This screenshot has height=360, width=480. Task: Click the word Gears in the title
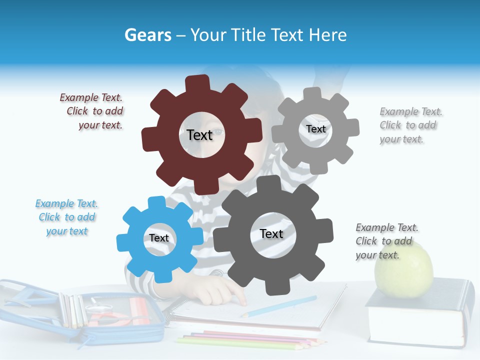[148, 35]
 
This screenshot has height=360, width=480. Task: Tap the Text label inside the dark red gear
[199, 134]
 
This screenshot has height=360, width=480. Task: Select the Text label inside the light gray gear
[315, 129]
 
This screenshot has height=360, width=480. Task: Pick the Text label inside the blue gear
[159, 238]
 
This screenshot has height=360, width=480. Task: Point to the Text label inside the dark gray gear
[271, 233]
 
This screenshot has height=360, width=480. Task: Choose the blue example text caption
[66, 217]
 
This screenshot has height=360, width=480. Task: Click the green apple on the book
[403, 270]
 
